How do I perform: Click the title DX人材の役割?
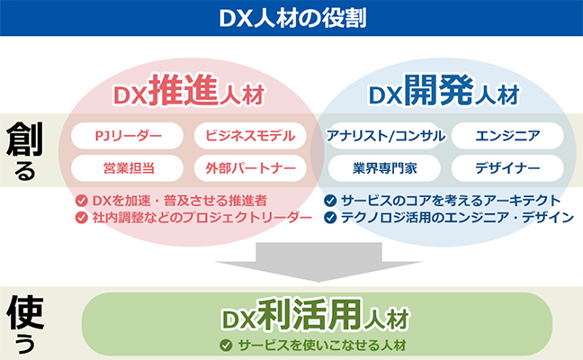pos(292,18)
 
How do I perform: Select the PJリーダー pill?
pos(127,136)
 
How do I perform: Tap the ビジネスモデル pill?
pos(250,136)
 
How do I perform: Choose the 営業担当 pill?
pos(127,168)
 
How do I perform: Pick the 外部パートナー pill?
pos(250,168)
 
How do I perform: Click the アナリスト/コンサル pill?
pos(385,136)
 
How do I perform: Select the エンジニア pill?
pos(507,136)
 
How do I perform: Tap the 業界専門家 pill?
pos(384,168)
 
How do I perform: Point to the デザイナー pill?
pos(507,168)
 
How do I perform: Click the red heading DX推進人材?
pos(189,90)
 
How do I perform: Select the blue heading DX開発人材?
pos(444,90)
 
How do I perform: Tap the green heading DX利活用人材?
pos(316,315)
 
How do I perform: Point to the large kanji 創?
pos(24,139)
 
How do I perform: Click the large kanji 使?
pos(25,312)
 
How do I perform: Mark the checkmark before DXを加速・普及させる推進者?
pos(82,201)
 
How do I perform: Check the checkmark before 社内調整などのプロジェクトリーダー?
pos(82,217)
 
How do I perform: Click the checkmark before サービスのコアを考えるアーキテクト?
pos(330,201)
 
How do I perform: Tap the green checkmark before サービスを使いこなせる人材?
pos(226,345)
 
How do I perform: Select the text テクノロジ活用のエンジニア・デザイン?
pos(457,217)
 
